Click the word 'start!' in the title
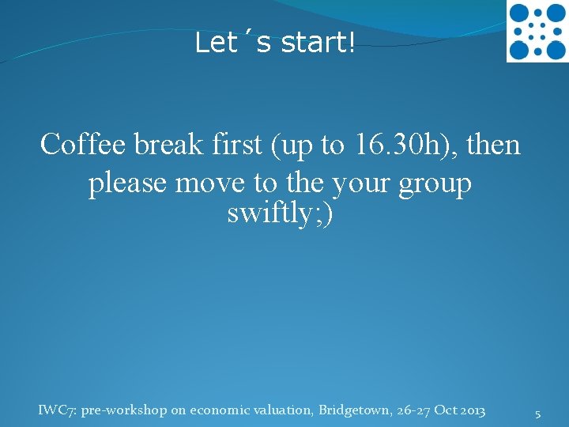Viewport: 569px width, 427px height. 317,43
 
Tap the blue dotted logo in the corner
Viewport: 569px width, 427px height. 537,32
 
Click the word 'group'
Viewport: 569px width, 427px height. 434,184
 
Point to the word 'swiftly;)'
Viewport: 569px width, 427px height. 281,213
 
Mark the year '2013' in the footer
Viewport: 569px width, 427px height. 470,410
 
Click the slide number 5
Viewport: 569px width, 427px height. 537,414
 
